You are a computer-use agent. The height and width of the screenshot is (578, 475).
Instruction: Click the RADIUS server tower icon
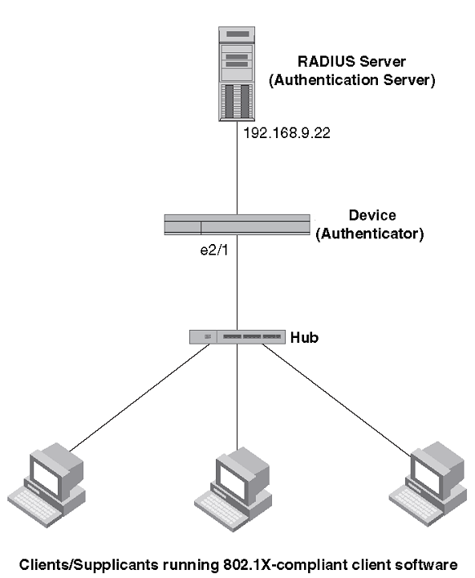point(237,74)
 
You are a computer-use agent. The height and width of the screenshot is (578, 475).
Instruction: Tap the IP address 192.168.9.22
point(286,133)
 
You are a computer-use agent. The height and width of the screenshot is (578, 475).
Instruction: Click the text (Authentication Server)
point(352,80)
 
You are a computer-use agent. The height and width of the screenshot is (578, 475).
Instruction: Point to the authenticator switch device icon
point(237,225)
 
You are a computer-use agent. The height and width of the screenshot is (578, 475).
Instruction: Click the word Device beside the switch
point(372,215)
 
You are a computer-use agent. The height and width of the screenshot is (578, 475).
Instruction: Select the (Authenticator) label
point(370,234)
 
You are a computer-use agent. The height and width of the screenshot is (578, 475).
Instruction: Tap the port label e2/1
point(214,250)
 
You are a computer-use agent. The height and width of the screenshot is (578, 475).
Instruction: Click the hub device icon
point(237,337)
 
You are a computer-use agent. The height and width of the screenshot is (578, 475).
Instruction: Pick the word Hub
point(304,337)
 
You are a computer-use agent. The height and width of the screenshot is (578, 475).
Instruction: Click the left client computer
point(47,485)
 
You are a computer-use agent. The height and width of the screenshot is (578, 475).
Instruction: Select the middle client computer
point(233,489)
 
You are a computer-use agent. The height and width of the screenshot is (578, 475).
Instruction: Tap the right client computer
point(428,483)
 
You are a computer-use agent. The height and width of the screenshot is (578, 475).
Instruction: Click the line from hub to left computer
point(140,397)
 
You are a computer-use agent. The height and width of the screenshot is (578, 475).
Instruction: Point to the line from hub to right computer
point(337,400)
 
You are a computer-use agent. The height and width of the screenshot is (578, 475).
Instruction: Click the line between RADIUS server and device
point(237,168)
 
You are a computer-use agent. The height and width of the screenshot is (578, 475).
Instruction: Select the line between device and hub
point(237,283)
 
